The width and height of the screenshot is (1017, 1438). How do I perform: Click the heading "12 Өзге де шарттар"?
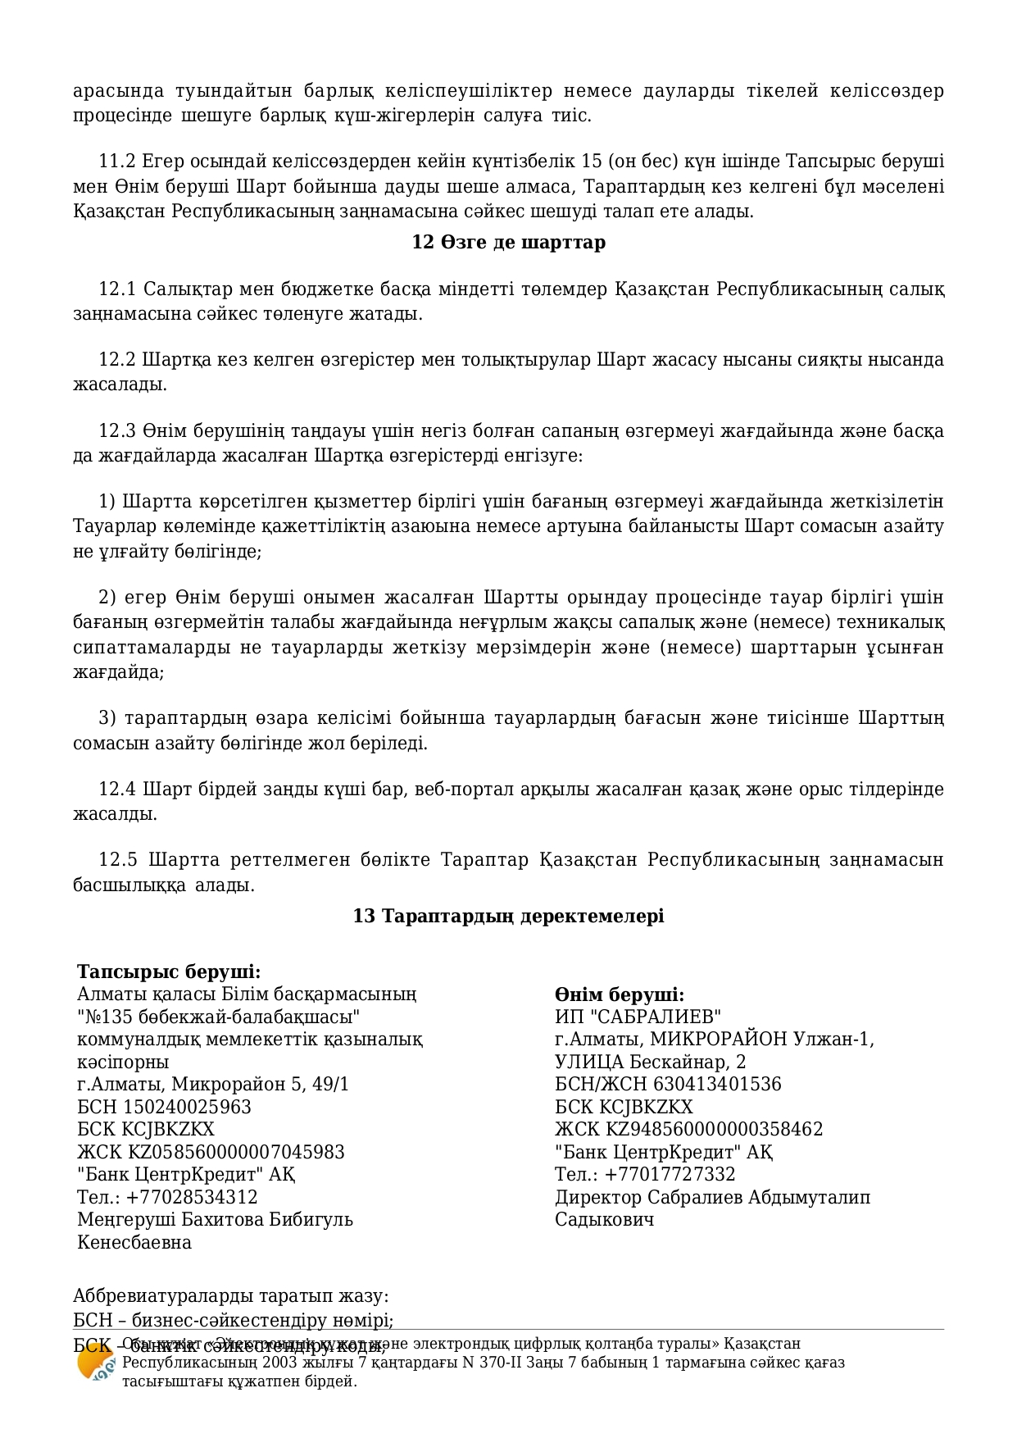pos(508,243)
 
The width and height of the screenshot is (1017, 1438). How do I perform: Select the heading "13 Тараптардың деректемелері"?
pos(508,916)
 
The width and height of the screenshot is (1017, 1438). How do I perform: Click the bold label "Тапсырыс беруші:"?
pos(169,972)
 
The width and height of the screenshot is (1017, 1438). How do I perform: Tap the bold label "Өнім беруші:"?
pos(620,994)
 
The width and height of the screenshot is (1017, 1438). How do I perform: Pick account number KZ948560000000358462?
pos(715,1129)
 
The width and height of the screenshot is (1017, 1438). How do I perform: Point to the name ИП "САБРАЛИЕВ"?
pos(638,1017)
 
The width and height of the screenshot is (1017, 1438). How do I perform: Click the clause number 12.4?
pos(116,790)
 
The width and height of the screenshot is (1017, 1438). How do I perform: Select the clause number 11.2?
pos(116,161)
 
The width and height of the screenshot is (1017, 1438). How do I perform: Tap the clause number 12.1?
pos(116,289)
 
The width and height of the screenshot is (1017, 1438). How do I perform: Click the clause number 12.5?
pos(116,860)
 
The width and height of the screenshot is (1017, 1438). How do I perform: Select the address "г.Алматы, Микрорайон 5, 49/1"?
pos(213,1085)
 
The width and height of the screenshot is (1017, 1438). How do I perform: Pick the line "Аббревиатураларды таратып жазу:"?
pos(231,1296)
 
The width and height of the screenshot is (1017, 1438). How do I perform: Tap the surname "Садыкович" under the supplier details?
pos(605,1219)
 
